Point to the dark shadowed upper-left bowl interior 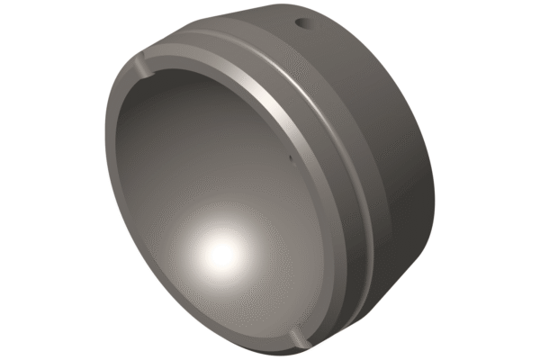coord(171,117)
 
